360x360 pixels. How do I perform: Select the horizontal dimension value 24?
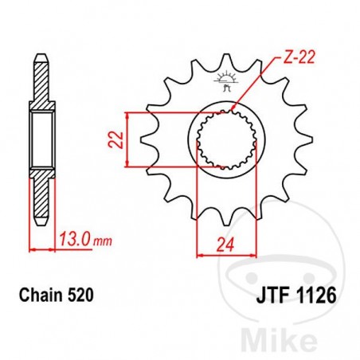coord(225,244)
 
